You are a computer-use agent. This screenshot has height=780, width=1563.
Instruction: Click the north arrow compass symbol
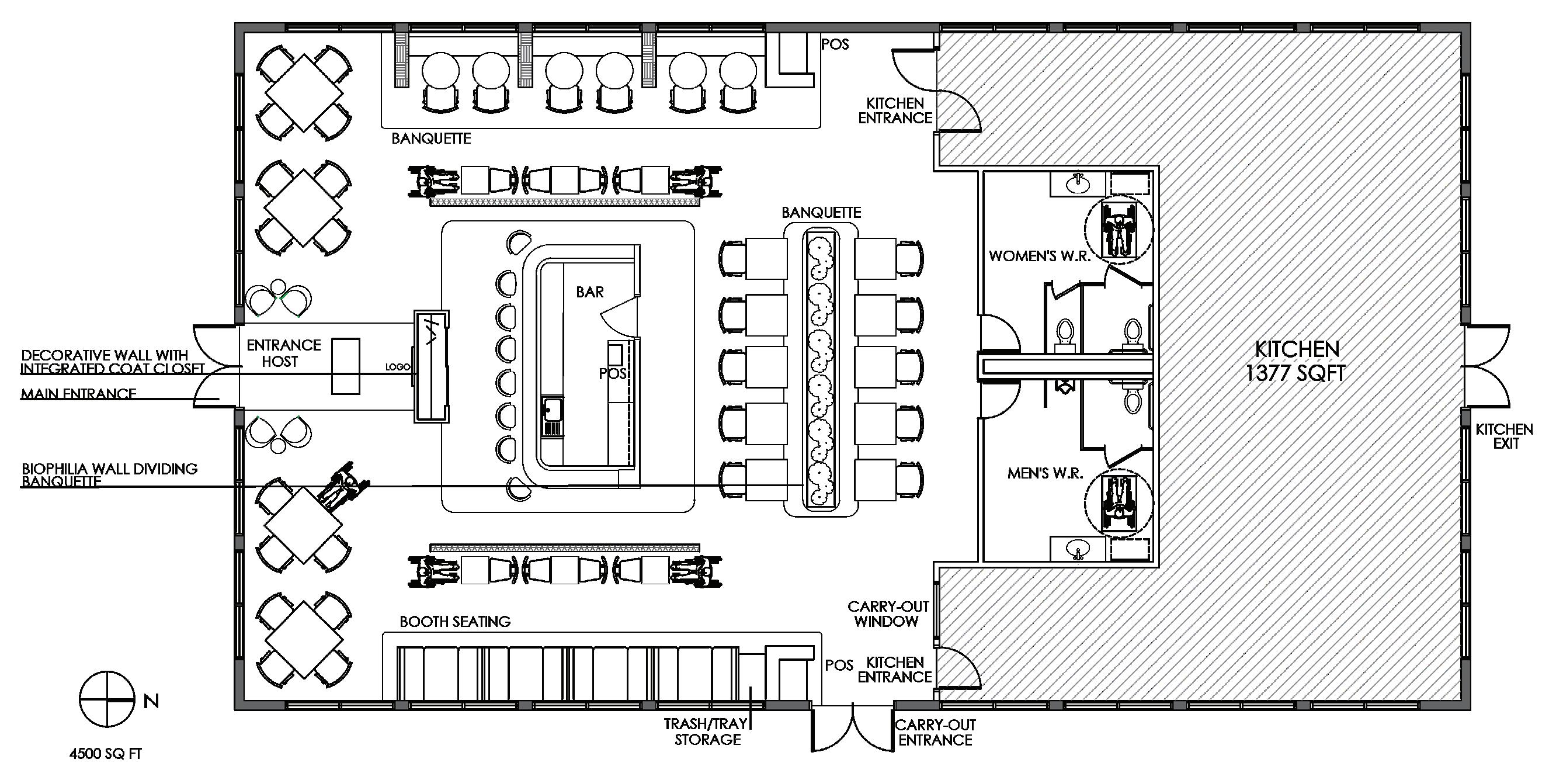click(107, 699)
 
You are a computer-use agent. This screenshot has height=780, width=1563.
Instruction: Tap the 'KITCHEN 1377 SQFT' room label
click(1296, 360)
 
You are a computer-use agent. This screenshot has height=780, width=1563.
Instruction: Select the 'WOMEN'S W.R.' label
click(1039, 255)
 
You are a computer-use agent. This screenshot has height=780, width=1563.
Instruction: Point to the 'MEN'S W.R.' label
click(1045, 473)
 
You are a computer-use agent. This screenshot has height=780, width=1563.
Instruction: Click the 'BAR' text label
click(590, 292)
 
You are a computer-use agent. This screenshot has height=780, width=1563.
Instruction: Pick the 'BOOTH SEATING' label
click(455, 621)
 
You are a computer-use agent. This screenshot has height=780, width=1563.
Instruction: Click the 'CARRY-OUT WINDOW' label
click(888, 613)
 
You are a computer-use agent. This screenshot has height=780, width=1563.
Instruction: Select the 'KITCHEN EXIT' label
click(1504, 436)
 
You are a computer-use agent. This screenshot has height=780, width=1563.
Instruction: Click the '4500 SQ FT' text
click(106, 754)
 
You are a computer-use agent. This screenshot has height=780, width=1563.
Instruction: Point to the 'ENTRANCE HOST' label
click(283, 353)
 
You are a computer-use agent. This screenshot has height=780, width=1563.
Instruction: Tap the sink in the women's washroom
click(1078, 182)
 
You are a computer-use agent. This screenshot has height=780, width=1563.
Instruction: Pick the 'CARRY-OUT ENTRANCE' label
click(935, 732)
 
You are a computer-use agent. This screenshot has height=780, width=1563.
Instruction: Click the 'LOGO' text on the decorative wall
click(397, 367)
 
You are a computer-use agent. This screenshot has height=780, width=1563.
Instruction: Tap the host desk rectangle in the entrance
click(346, 366)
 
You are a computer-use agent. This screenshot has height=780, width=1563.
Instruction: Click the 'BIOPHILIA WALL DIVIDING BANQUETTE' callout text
click(109, 474)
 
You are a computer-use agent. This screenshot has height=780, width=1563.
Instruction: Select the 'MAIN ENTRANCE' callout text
click(78, 393)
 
